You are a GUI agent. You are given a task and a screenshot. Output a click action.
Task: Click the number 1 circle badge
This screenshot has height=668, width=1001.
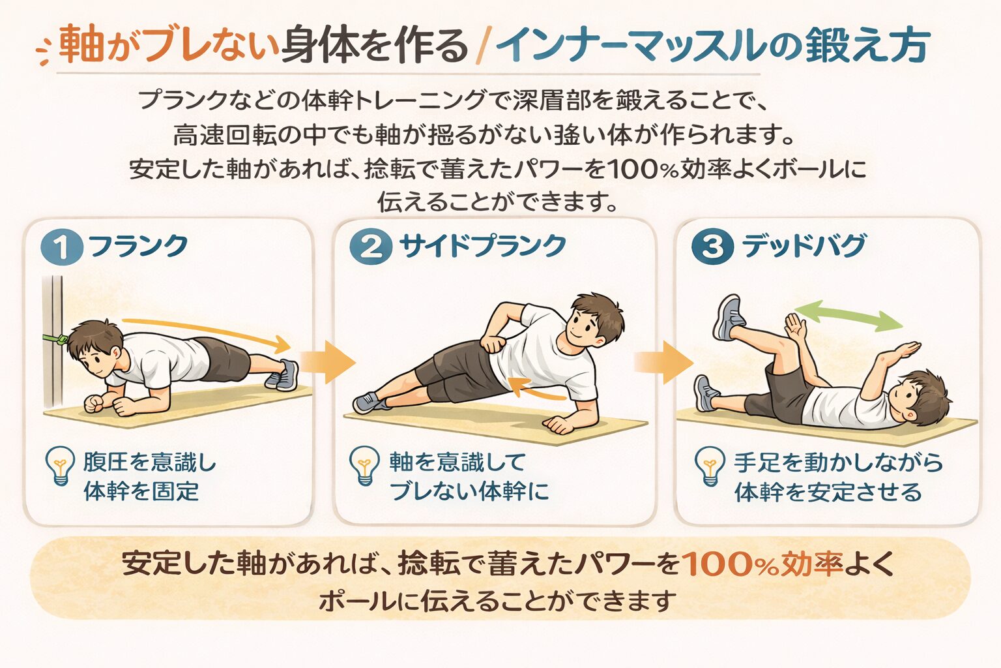click(x=62, y=247)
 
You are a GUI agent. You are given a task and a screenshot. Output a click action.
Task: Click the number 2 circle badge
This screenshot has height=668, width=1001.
click(x=371, y=247)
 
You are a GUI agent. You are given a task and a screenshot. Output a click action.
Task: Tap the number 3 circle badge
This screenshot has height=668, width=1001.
click(x=712, y=247)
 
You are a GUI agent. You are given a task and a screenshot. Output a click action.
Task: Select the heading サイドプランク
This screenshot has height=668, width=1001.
click(x=482, y=246)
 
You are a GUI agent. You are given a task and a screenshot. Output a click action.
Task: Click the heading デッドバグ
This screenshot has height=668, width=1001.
click(x=804, y=246)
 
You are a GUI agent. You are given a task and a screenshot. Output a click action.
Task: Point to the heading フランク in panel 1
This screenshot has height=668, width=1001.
click(x=138, y=246)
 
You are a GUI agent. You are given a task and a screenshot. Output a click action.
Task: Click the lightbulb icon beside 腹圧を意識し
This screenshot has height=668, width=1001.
click(x=60, y=465)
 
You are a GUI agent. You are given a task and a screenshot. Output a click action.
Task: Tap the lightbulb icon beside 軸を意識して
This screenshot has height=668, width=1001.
click(x=364, y=465)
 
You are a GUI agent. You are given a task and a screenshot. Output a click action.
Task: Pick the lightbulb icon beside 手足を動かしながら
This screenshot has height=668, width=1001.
click(x=710, y=465)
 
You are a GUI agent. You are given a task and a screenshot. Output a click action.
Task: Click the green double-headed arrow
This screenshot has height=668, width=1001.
click(x=848, y=316)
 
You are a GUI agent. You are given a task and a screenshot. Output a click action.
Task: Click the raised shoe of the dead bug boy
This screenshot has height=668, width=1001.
click(x=729, y=318)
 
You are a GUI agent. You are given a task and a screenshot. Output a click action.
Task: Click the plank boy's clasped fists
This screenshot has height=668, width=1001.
click(x=98, y=404)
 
